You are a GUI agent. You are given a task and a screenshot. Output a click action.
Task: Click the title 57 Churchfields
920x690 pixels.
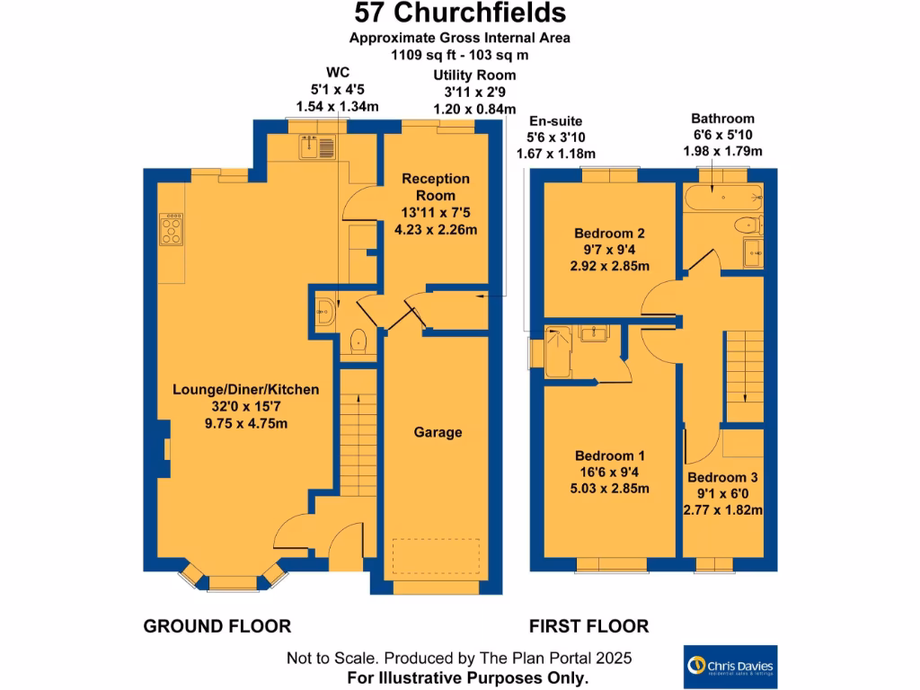click(459, 13)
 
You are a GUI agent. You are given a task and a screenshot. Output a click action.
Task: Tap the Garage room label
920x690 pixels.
click(438, 432)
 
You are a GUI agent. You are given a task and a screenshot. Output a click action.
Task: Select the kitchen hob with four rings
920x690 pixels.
click(170, 229)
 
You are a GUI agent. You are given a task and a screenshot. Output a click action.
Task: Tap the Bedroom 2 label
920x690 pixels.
click(611, 233)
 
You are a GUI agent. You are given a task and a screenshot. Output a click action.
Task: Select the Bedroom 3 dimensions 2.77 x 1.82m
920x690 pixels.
click(722, 510)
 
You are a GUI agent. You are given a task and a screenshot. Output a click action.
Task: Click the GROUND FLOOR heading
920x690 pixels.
click(217, 626)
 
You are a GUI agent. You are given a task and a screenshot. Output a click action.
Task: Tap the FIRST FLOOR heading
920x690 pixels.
click(588, 626)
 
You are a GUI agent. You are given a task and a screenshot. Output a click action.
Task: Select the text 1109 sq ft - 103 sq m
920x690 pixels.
click(459, 54)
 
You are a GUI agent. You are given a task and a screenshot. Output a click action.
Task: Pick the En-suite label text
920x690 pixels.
click(555, 120)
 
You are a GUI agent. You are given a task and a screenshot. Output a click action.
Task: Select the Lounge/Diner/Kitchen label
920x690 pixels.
click(246, 390)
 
